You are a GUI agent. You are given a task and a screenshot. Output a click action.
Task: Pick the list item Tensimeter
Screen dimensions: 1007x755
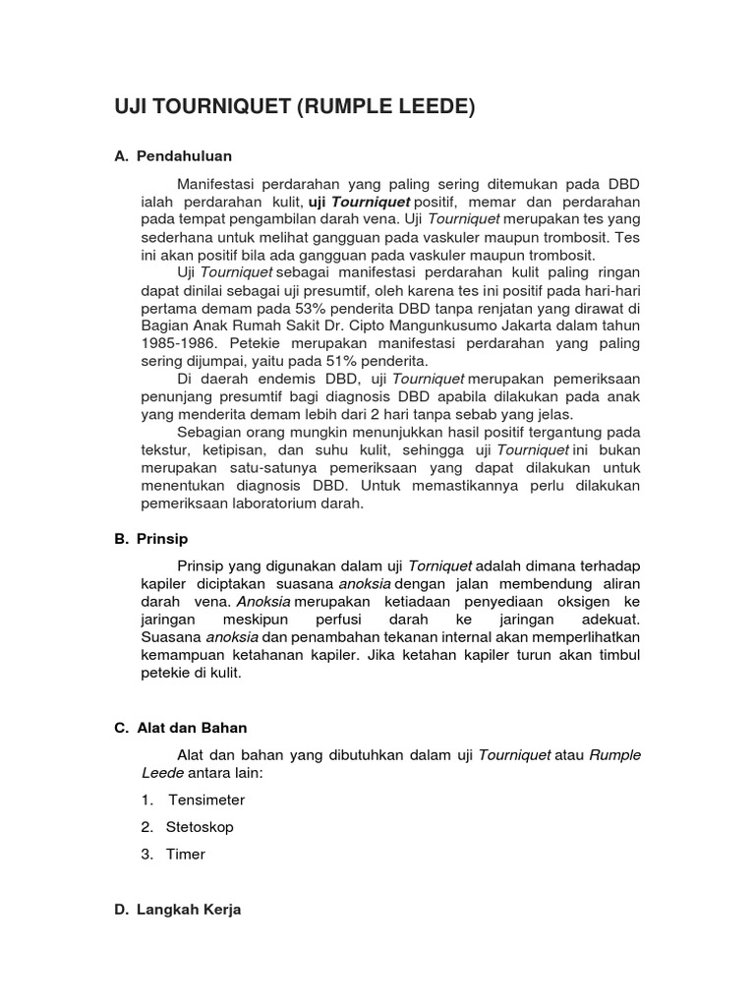[206, 800]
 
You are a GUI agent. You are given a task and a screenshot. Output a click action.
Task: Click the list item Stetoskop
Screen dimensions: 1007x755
[201, 827]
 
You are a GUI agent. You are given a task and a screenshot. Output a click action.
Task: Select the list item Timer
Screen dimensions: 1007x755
[186, 855]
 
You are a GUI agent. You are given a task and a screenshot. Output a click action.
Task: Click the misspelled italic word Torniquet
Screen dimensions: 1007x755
[440, 566]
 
